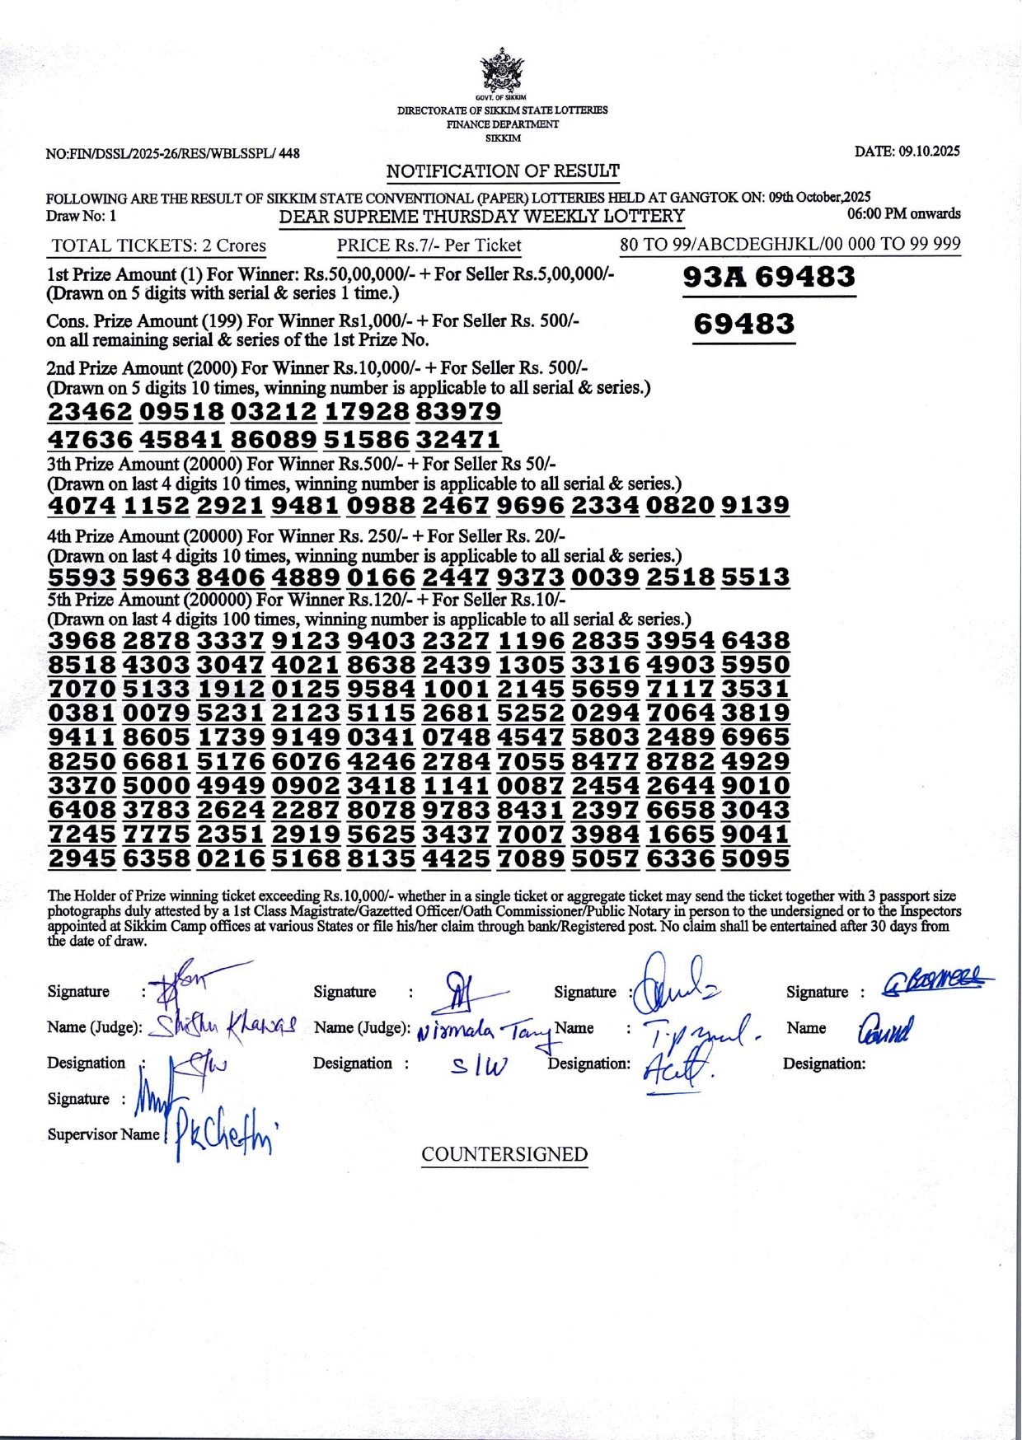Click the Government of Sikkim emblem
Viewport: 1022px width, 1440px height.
pyautogui.click(x=502, y=71)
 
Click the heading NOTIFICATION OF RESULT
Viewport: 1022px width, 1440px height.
pyautogui.click(x=503, y=171)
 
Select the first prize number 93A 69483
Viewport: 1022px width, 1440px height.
pyautogui.click(x=769, y=278)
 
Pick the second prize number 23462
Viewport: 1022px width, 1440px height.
pyautogui.click(x=90, y=412)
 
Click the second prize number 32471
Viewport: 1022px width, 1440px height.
pyautogui.click(x=458, y=439)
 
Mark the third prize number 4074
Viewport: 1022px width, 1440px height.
pyautogui.click(x=82, y=505)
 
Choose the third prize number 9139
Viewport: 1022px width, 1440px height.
pyautogui.click(x=755, y=505)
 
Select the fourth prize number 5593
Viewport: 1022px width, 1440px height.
pyautogui.click(x=82, y=577)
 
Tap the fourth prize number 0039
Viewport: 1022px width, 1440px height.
pyautogui.click(x=605, y=577)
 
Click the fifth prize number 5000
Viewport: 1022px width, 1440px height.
pyautogui.click(x=157, y=786)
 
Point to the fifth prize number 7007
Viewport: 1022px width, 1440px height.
pyautogui.click(x=531, y=835)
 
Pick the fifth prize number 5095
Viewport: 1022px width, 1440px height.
pyautogui.click(x=755, y=859)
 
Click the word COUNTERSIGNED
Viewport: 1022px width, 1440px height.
pyautogui.click(x=504, y=1155)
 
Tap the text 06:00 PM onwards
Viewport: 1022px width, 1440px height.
pyautogui.click(x=904, y=214)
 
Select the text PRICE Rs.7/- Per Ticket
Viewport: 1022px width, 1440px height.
pyautogui.click(x=429, y=245)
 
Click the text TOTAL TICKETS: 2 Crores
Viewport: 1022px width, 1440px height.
pyautogui.click(x=158, y=245)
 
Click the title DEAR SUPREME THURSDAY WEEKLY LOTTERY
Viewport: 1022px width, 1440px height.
pyautogui.click(x=482, y=217)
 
